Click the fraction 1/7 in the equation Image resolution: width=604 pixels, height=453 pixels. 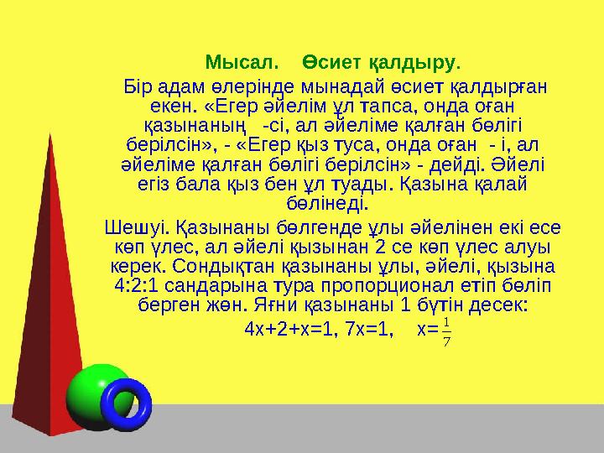tap(446, 330)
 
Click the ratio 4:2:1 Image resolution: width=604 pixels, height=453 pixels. tap(137, 286)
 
